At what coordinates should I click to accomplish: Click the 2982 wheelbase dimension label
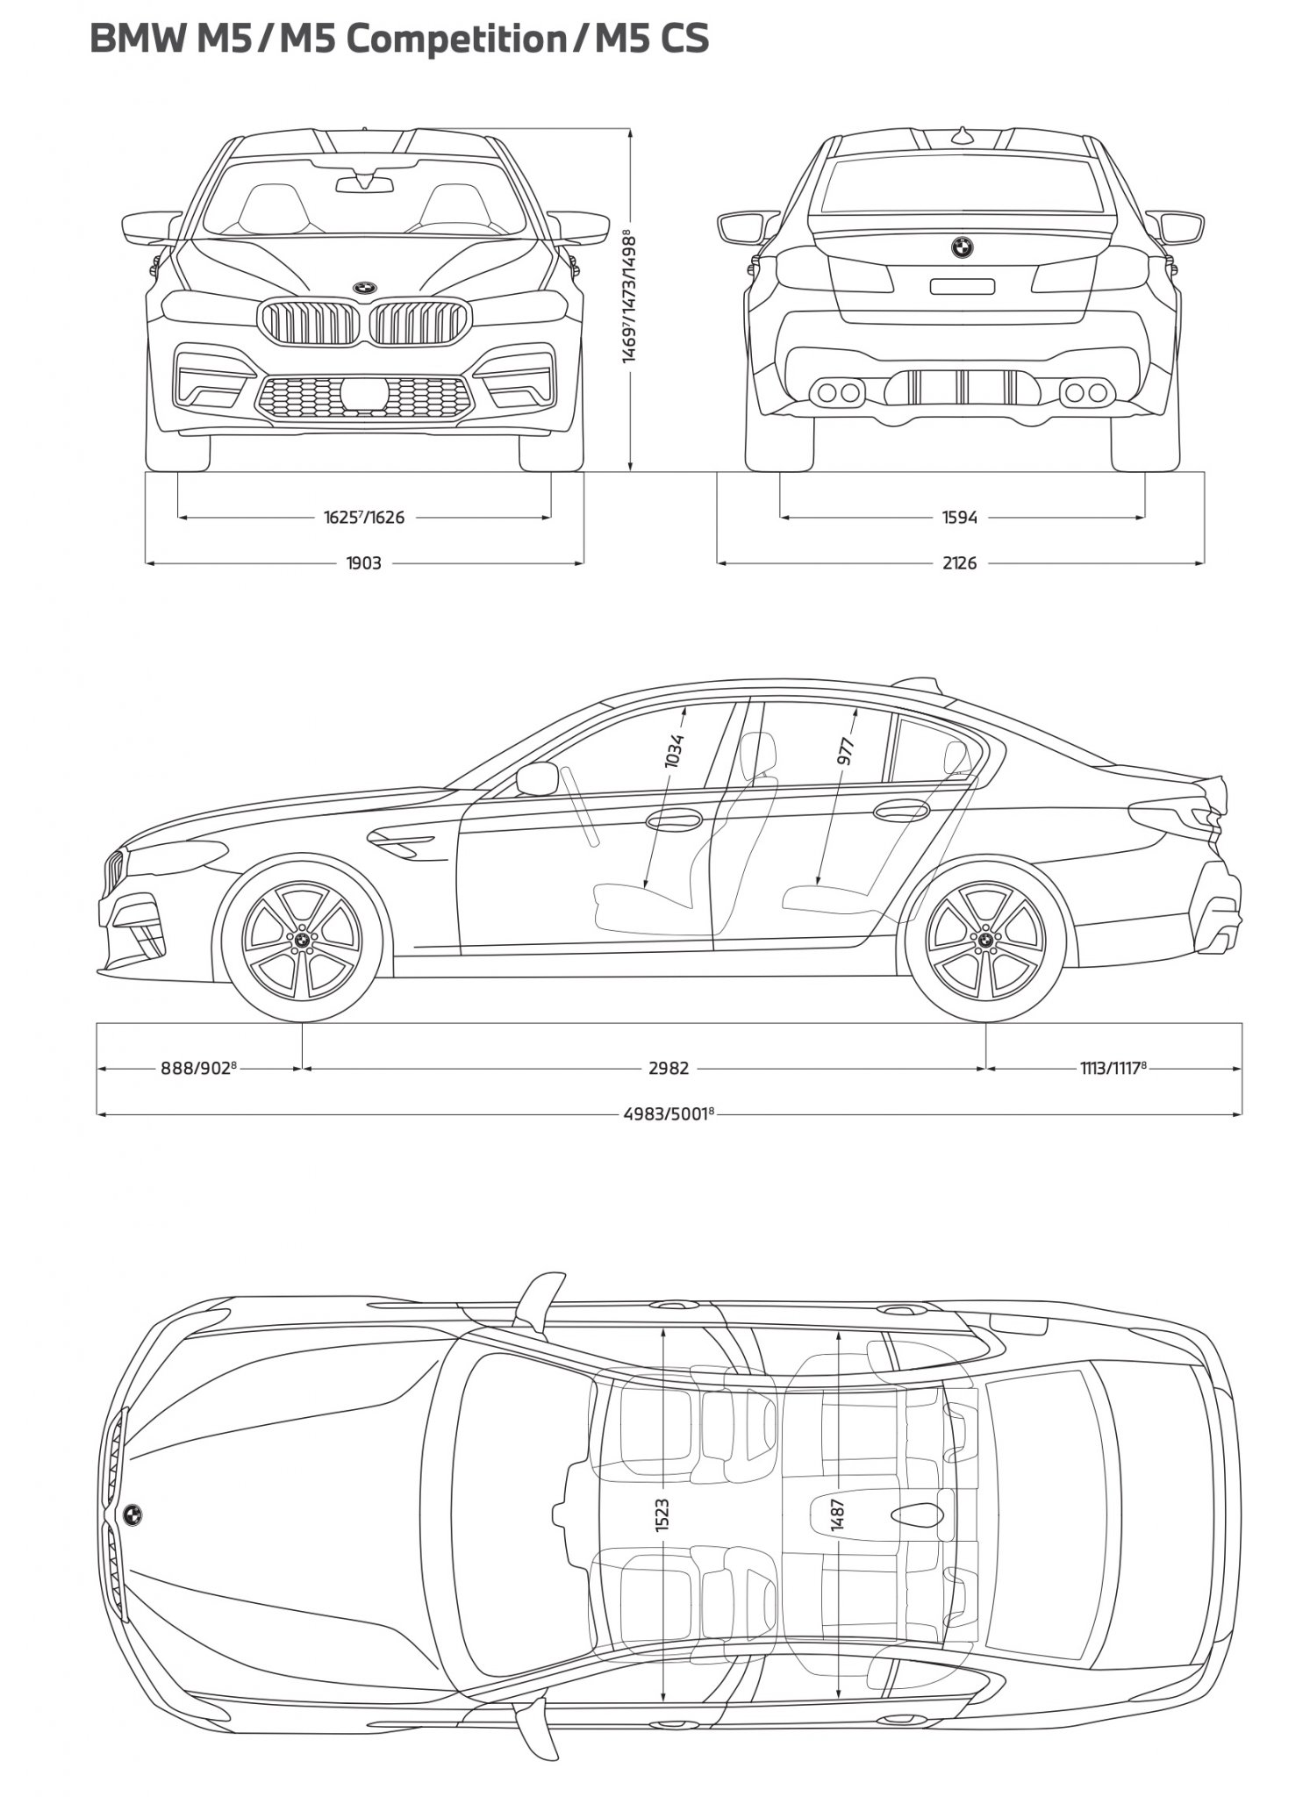pyautogui.click(x=669, y=1068)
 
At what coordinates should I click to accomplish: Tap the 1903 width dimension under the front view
pyautogui.click(x=363, y=563)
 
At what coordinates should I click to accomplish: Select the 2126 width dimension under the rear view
pyautogui.click(x=959, y=563)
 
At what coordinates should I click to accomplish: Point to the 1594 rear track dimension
pyautogui.click(x=960, y=518)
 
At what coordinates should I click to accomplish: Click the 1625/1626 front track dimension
pyautogui.click(x=364, y=517)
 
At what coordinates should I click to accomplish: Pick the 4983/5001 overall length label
pyautogui.click(x=669, y=1113)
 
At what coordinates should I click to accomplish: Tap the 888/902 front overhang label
pyautogui.click(x=199, y=1068)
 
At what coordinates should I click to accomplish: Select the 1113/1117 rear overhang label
pyautogui.click(x=1113, y=1068)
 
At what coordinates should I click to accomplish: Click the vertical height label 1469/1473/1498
pyautogui.click(x=629, y=297)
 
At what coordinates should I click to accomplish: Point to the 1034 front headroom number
pyautogui.click(x=675, y=751)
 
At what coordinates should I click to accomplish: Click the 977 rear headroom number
pyautogui.click(x=846, y=752)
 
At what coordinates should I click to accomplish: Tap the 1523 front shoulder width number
pyautogui.click(x=662, y=1515)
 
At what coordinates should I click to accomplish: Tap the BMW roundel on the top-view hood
pyautogui.click(x=132, y=1514)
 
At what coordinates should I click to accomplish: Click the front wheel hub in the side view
pyautogui.click(x=302, y=941)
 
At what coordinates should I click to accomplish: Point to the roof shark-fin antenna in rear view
pyautogui.click(x=963, y=136)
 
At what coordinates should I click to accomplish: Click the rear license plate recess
pyautogui.click(x=963, y=286)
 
